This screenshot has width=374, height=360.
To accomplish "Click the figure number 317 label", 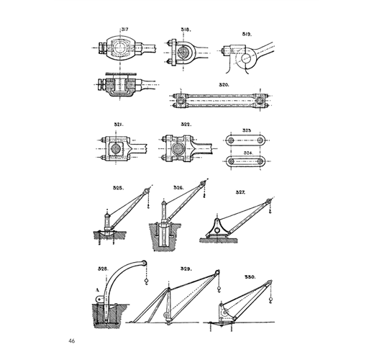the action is pyautogui.click(x=124, y=30).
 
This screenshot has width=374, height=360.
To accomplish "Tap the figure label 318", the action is pyautogui.click(x=186, y=30).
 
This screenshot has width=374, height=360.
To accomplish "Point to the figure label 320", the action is pyautogui.click(x=224, y=85).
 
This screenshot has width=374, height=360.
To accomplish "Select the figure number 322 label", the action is pyautogui.click(x=186, y=125).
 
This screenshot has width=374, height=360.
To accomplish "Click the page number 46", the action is pyautogui.click(x=71, y=341).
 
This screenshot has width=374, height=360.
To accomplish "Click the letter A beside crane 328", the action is pyautogui.click(x=97, y=290).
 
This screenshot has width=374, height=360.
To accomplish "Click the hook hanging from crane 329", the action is pyautogui.click(x=219, y=289).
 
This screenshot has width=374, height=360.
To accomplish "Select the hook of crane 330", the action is pyautogui.click(x=270, y=300).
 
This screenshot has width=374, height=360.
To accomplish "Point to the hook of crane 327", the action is pyautogui.click(x=270, y=212).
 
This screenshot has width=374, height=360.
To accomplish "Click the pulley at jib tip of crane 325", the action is pyautogui.click(x=145, y=192).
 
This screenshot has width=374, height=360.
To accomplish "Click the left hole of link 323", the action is pyautogui.click(x=231, y=140).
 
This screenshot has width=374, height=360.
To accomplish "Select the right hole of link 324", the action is pyautogui.click(x=260, y=161).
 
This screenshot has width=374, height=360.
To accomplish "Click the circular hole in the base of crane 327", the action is pyautogui.click(x=217, y=230).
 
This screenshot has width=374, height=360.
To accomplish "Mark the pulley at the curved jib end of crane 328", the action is pyautogui.click(x=144, y=263).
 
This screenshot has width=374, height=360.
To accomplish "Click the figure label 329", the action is pyautogui.click(x=186, y=269).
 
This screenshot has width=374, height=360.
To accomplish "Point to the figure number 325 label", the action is pyautogui.click(x=119, y=188).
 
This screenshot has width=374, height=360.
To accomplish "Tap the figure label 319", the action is pyautogui.click(x=247, y=35).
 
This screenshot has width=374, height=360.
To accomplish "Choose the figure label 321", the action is pyautogui.click(x=119, y=125).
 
